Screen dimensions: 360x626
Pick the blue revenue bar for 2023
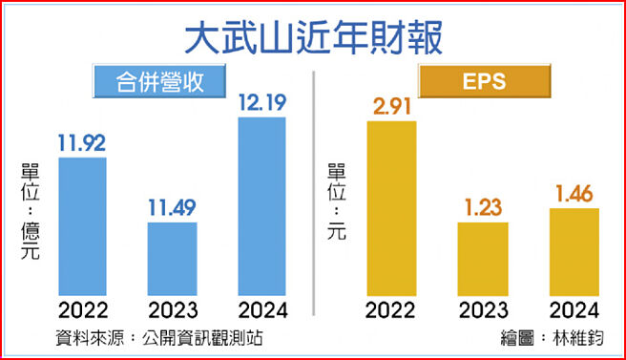(172, 258)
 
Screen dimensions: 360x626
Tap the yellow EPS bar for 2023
(483, 258)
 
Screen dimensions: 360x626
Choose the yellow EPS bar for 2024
(574, 249)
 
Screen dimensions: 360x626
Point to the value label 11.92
(83, 144)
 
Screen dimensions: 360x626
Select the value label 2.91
(391, 106)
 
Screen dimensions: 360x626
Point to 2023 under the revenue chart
(172, 309)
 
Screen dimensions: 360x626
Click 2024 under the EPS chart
(574, 309)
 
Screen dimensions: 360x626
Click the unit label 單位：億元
(30, 211)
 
